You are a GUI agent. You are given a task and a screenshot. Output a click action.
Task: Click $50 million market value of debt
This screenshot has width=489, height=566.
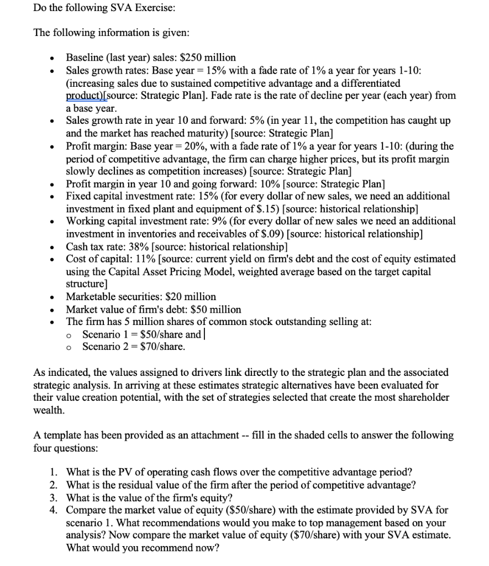(215, 309)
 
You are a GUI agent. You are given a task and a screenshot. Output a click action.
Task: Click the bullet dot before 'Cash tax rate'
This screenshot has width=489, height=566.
(51, 247)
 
